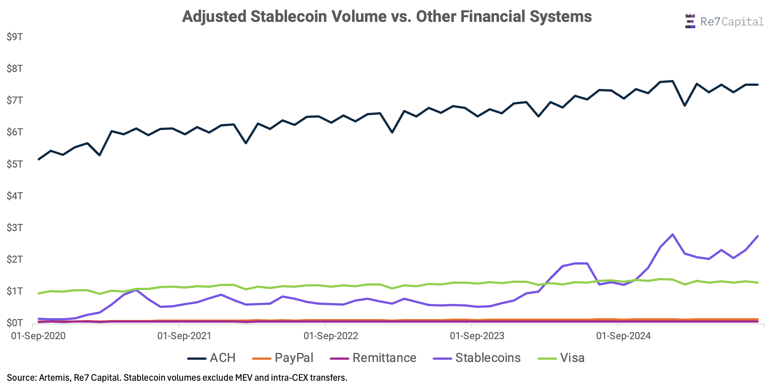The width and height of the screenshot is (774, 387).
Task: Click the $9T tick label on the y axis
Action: click(15, 37)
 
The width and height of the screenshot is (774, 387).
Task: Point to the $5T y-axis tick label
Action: click(15, 164)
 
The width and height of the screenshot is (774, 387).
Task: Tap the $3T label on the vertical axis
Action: click(15, 227)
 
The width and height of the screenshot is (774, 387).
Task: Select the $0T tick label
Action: click(15, 323)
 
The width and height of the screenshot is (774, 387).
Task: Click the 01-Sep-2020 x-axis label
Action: click(38, 336)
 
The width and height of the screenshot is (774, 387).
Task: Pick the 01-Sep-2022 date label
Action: click(331, 336)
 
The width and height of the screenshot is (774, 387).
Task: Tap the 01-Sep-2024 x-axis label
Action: click(623, 336)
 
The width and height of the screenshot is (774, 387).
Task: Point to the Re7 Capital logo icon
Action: click(690, 21)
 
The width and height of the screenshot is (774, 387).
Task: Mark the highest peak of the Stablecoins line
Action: click(672, 235)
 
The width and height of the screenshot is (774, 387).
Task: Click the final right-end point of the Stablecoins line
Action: click(757, 236)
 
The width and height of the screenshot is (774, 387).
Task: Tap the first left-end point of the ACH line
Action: click(39, 159)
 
